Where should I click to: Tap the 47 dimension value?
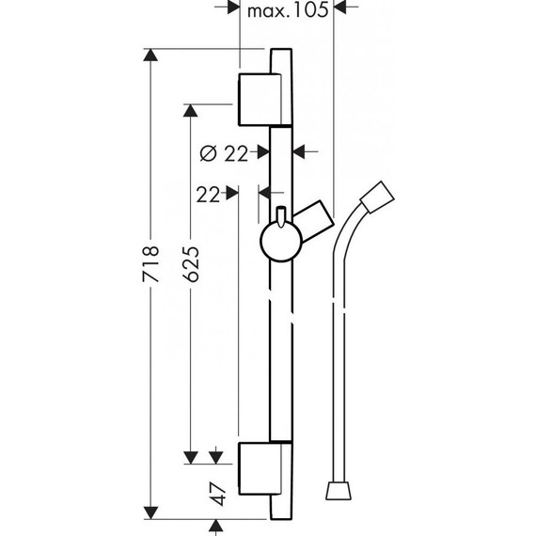pos(218,494)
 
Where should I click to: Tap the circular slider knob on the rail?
pos(277,242)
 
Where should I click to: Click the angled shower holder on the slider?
pos(314,220)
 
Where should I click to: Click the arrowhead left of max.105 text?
pos(232,9)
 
